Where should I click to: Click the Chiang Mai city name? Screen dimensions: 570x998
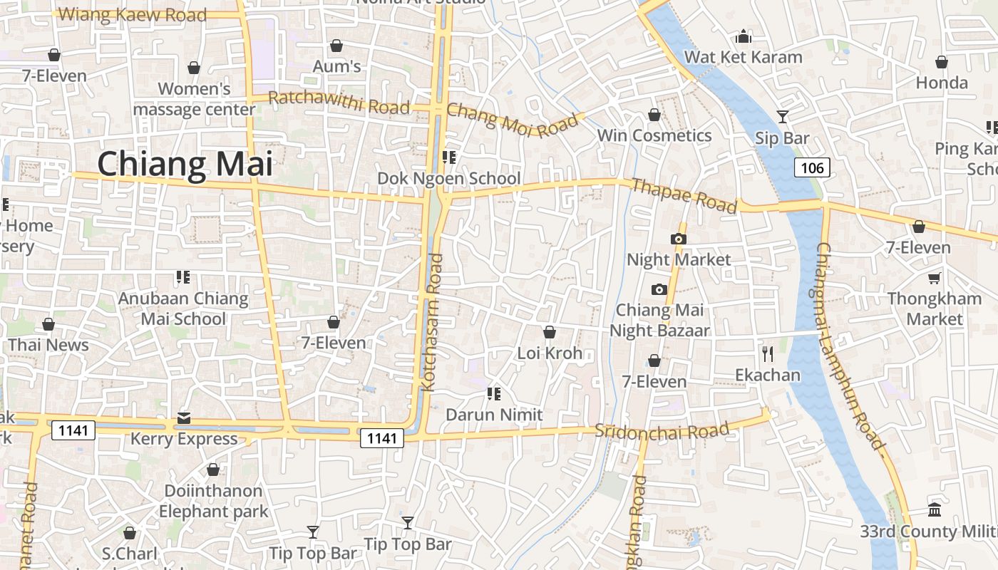coord(185,163)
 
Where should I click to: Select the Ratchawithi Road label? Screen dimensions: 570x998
coord(339,103)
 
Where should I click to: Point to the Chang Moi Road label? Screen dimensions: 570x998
coord(512,119)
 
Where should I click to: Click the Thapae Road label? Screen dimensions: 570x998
coord(684,195)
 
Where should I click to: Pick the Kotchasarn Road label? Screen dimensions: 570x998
coord(433,323)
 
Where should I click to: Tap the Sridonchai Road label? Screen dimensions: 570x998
coord(662,430)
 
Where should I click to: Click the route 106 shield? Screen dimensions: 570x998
coord(812,168)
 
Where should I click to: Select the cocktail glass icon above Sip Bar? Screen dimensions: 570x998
coord(783,116)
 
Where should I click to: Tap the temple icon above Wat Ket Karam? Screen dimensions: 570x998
coord(744,36)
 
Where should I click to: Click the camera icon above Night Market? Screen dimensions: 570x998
coord(679,239)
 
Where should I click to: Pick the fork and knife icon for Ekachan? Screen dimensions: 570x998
coord(768,353)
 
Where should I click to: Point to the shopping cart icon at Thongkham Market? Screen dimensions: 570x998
coord(934,278)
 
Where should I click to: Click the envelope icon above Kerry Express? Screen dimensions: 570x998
coord(184,418)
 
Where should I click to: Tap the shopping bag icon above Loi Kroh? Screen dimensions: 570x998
coord(550,332)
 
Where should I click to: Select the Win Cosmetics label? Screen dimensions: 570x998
coord(654,135)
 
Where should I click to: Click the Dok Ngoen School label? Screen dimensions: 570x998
coord(449,178)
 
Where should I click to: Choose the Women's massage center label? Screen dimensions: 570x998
coord(194,99)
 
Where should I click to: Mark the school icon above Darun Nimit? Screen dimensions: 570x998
coord(493,393)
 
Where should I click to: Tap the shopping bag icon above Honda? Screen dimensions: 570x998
coord(942,62)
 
